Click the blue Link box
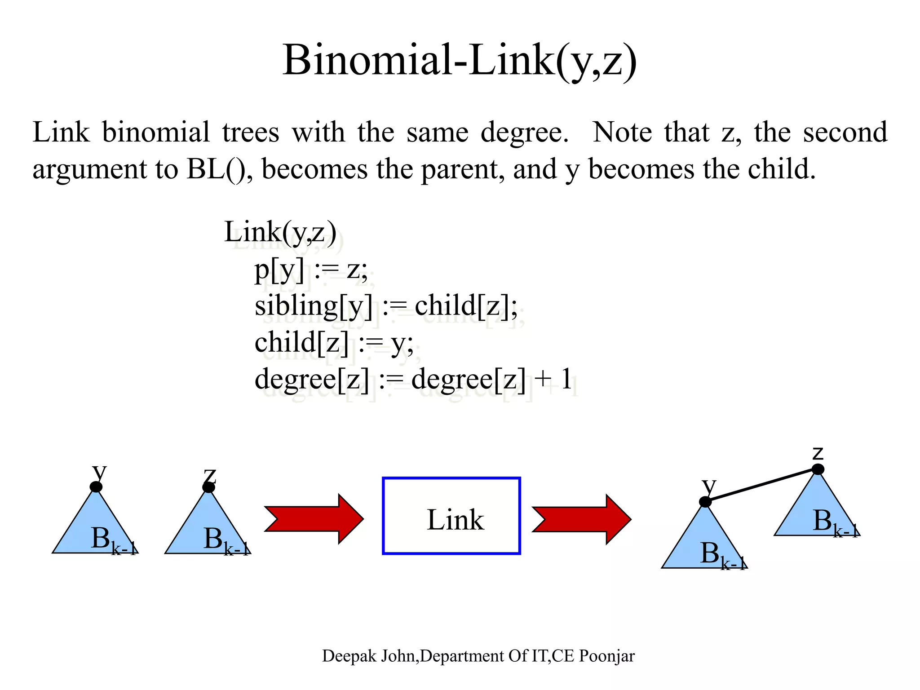tap(451, 516)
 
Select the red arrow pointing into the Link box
tap(314, 519)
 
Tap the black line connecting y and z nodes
tap(762, 486)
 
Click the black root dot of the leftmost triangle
tap(96, 487)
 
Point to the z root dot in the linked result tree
tap(818, 469)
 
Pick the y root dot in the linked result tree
tap(705, 502)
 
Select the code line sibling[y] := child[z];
tap(386, 306)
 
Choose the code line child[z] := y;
tap(334, 343)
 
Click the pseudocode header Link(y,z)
tap(280, 233)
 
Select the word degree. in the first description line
tap(524, 133)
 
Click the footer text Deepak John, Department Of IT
tap(478, 656)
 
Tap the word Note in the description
tap(622, 133)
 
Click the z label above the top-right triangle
tap(818, 453)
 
